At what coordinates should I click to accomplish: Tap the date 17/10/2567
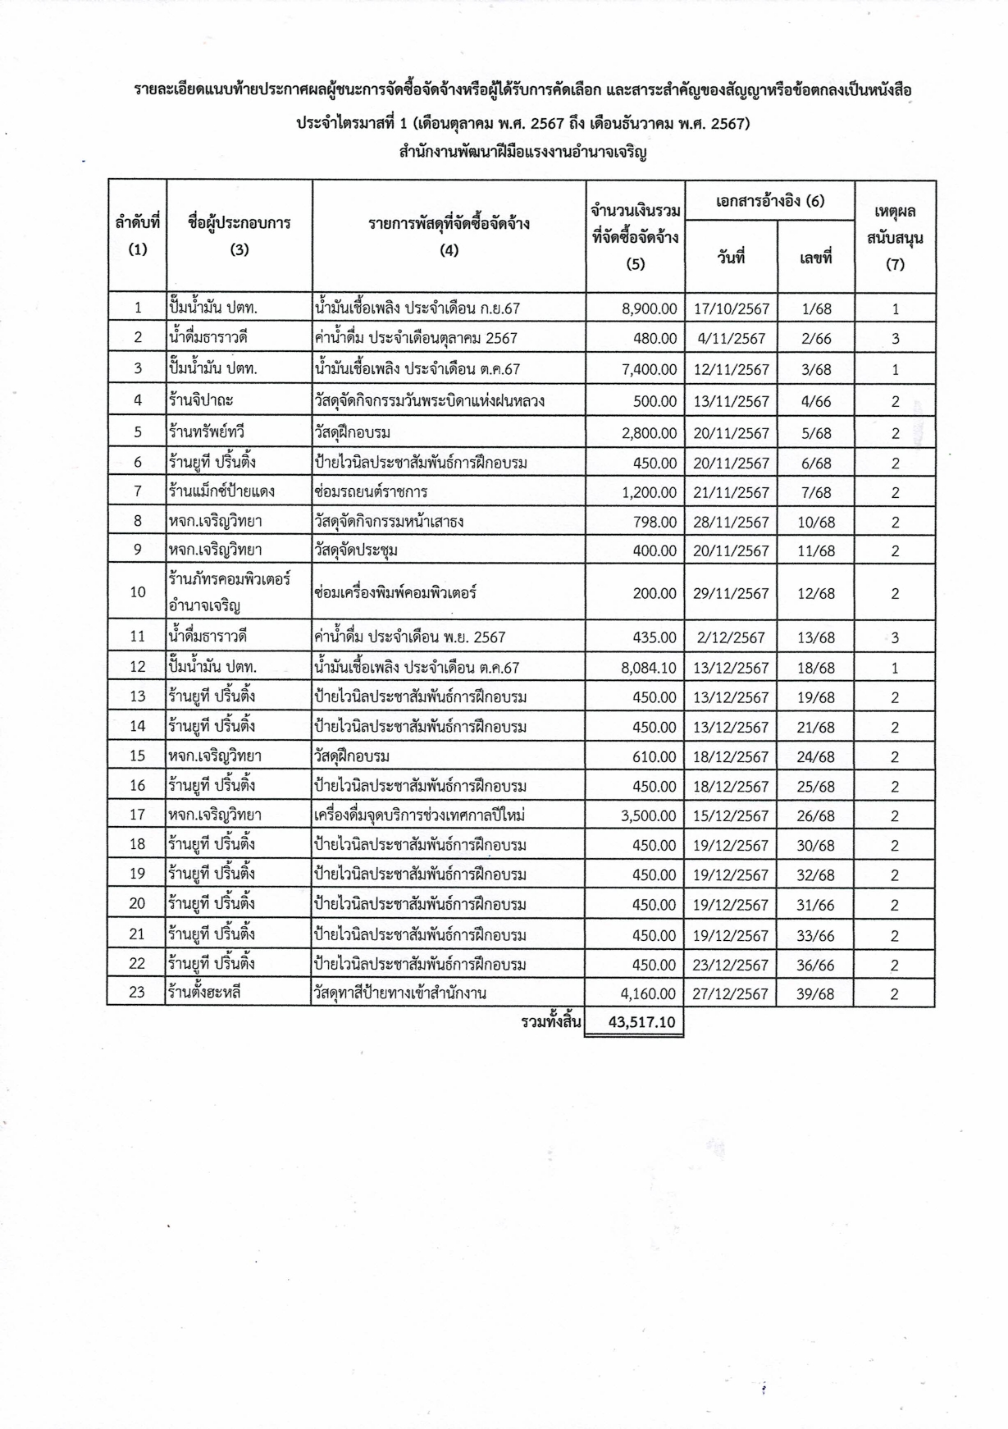tap(732, 308)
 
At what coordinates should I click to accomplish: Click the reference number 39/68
tap(815, 993)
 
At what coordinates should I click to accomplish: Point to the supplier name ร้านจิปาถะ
tap(197, 400)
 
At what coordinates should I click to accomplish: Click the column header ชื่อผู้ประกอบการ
tap(239, 222)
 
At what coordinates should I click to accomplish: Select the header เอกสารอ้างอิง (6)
tap(770, 201)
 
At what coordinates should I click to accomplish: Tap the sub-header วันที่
tap(730, 258)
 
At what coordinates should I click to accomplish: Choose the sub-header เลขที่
tap(815, 258)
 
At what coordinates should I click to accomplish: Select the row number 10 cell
tap(137, 592)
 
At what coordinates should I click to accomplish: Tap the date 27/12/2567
tap(732, 993)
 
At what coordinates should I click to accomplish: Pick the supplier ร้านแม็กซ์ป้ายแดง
tap(221, 492)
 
